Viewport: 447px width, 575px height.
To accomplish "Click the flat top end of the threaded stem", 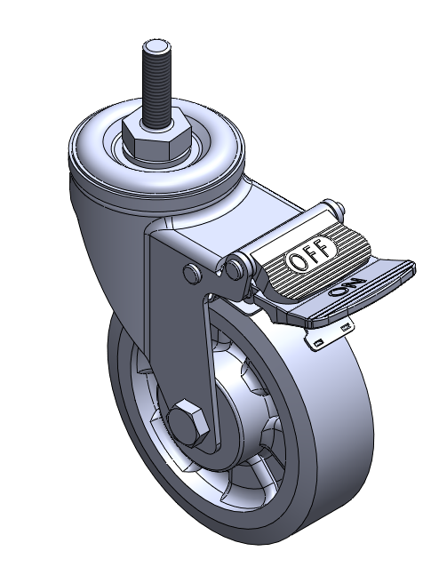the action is tap(156, 46).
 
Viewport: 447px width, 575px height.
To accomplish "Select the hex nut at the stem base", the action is tap(156, 140).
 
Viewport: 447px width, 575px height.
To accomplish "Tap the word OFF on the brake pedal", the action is tap(308, 254).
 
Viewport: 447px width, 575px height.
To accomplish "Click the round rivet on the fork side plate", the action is tap(192, 273).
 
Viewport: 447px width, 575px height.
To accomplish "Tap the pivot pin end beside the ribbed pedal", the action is tap(235, 268).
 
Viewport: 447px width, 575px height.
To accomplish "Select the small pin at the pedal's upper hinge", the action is tap(340, 209).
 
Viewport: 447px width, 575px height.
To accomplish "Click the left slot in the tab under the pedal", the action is tap(318, 343).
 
